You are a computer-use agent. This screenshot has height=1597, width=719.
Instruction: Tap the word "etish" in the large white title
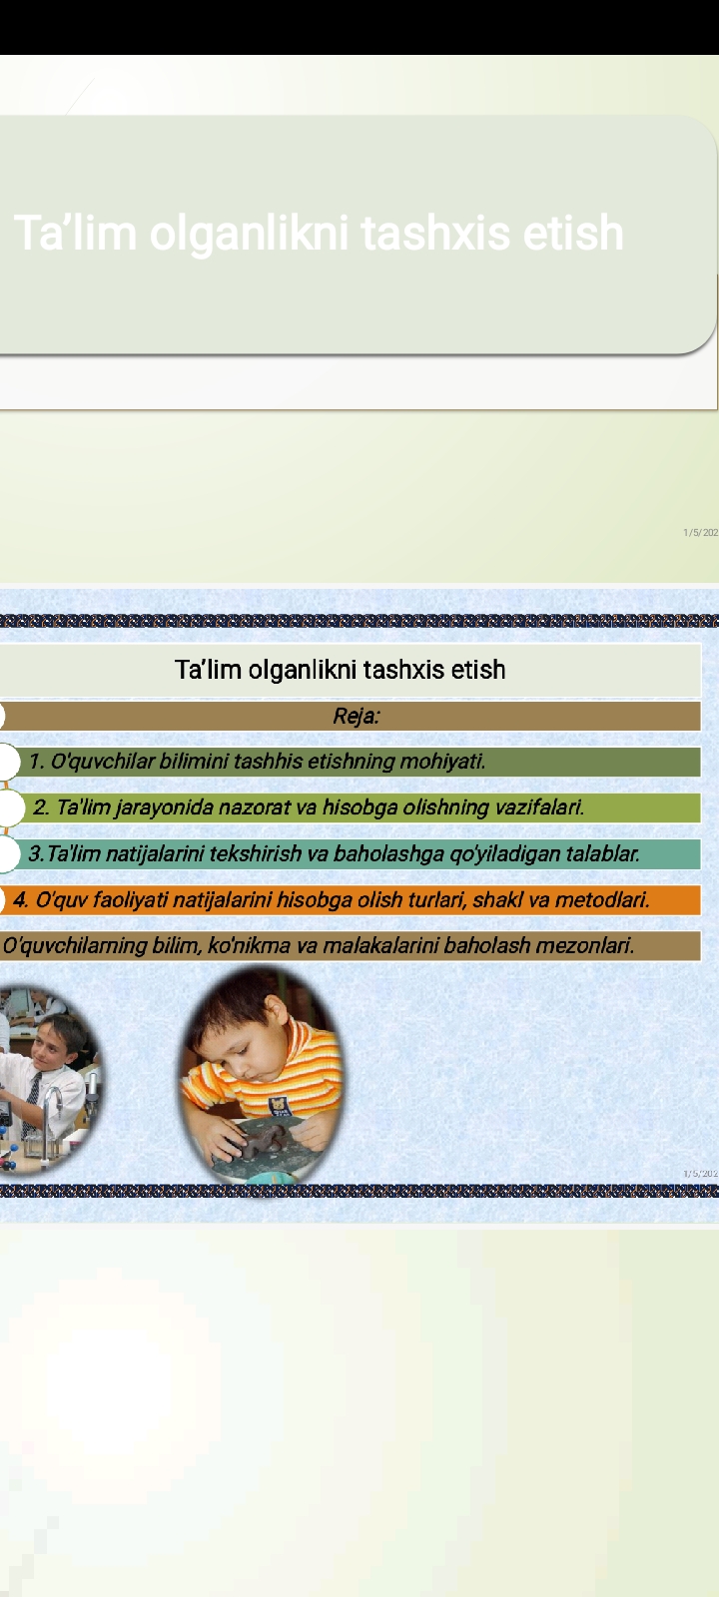point(573,233)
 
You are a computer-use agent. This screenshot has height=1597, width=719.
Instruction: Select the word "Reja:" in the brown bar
point(356,716)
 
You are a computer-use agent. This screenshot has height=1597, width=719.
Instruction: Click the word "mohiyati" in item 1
point(442,762)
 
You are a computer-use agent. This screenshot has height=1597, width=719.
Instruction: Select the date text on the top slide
point(700,533)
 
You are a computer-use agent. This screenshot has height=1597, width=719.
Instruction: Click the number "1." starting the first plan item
point(37,762)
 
